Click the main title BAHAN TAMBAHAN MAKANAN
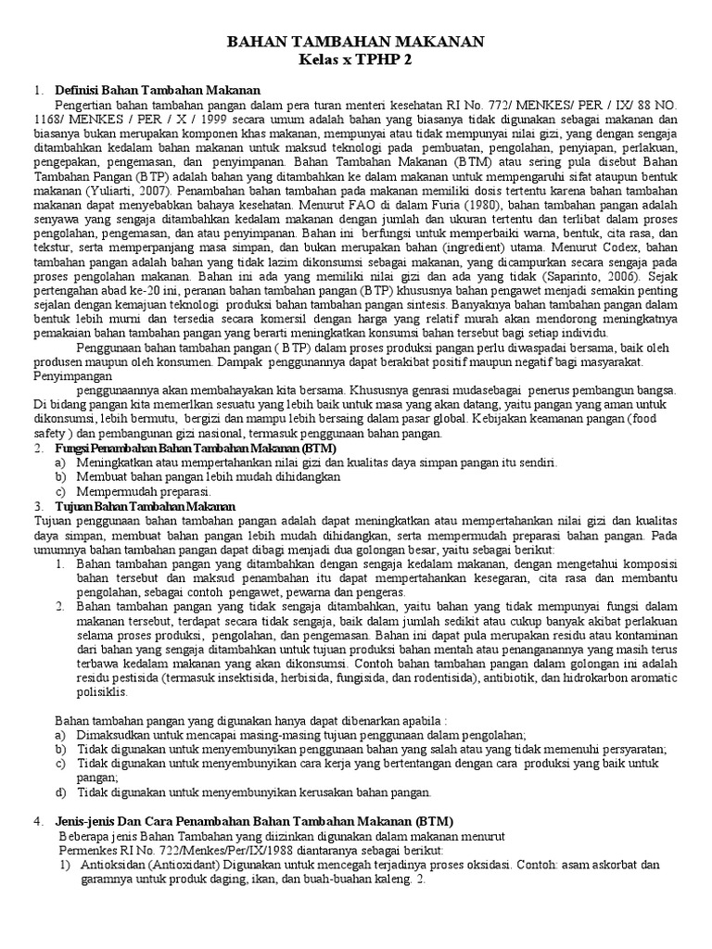pyautogui.click(x=356, y=43)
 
